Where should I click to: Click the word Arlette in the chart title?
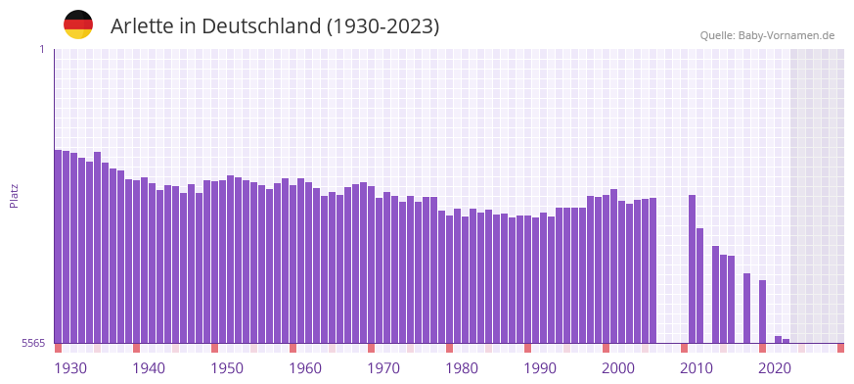pyautogui.click(x=142, y=26)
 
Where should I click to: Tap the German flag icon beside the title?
pyautogui.click(x=78, y=24)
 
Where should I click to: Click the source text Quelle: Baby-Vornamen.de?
pyautogui.click(x=767, y=35)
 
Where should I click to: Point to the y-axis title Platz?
pyautogui.click(x=14, y=195)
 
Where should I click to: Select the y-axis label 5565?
pyautogui.click(x=31, y=343)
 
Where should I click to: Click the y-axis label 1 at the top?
pyautogui.click(x=42, y=49)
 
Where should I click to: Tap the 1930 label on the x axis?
pyautogui.click(x=70, y=368)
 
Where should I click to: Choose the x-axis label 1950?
pyautogui.click(x=227, y=368)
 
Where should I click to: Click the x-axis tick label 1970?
pyautogui.click(x=383, y=368)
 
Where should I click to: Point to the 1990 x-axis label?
pyautogui.click(x=540, y=368)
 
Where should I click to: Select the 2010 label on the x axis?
pyautogui.click(x=697, y=368)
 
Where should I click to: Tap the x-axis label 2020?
pyautogui.click(x=775, y=368)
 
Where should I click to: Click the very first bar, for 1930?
pyautogui.click(x=58, y=245)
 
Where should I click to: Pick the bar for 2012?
pyautogui.click(x=699, y=285)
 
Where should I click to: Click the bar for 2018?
pyautogui.click(x=746, y=308)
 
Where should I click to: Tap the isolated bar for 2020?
pyautogui.click(x=762, y=312)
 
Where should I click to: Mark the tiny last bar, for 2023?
pyautogui.click(x=786, y=341)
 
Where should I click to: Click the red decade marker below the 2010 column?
pyautogui.click(x=684, y=348)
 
